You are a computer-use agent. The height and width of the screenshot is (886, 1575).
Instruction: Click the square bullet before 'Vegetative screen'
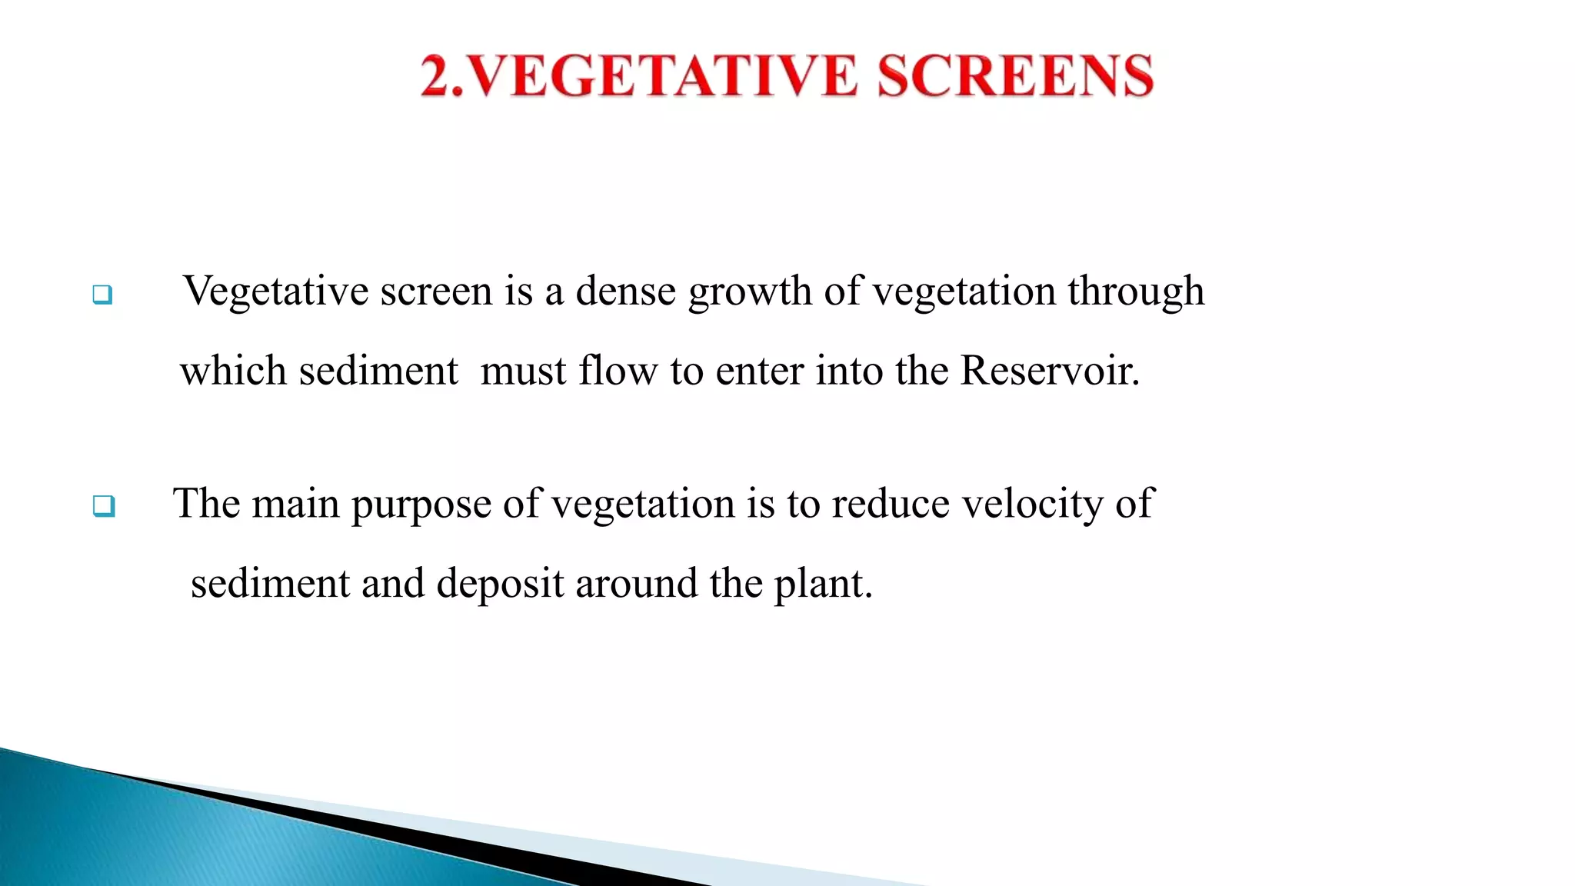(102, 295)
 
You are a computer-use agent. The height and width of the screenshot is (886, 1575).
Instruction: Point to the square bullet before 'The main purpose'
(104, 506)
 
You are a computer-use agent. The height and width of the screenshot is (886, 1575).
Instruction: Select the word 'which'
(233, 371)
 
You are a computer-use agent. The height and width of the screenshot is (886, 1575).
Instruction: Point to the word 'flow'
(618, 371)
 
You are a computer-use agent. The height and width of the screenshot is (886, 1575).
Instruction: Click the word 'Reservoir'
(1047, 371)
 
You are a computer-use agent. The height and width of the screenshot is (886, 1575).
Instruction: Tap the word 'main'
(295, 505)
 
